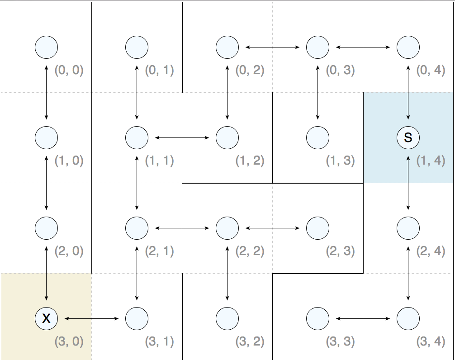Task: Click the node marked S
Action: click(x=408, y=137)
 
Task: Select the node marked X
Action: click(x=46, y=318)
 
